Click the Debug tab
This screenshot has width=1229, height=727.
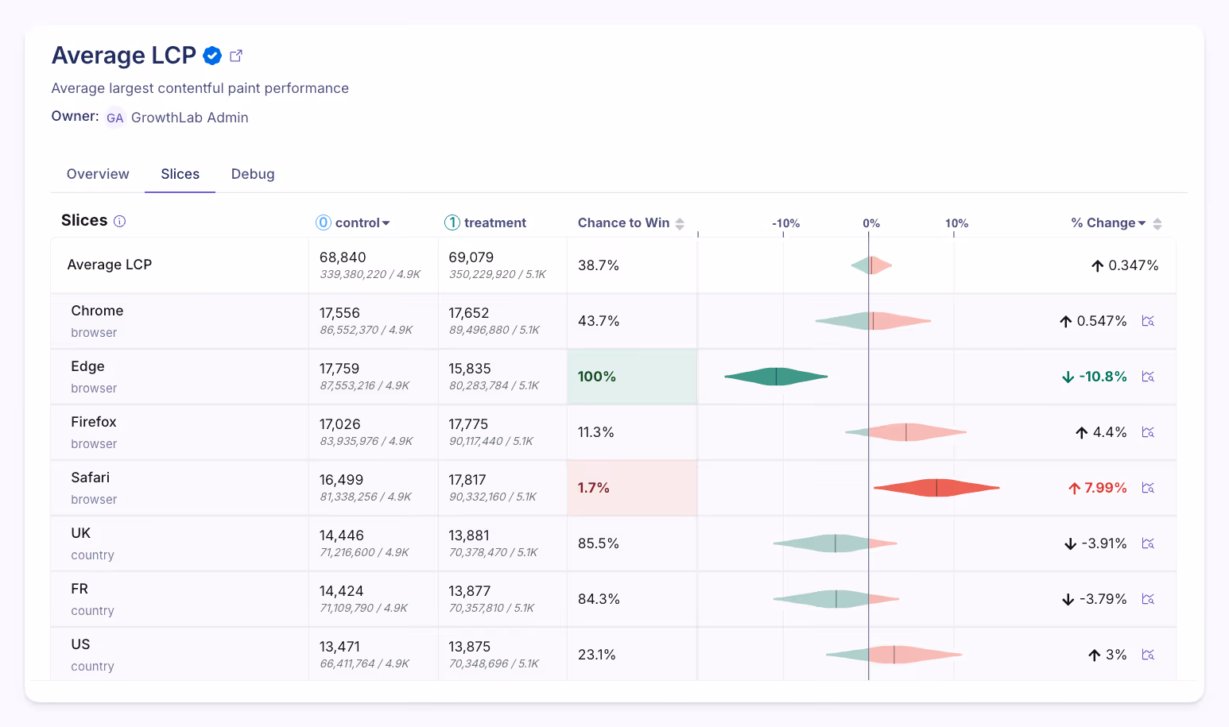[253, 174]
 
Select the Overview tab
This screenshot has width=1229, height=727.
[98, 174]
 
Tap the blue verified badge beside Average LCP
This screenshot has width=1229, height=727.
[212, 56]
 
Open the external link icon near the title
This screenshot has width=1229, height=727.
[236, 56]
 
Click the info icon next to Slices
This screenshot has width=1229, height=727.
[120, 221]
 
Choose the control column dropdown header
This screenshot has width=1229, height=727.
[354, 223]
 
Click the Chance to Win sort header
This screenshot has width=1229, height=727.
[630, 223]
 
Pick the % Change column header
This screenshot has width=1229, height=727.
[1108, 223]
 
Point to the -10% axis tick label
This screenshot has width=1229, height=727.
[785, 223]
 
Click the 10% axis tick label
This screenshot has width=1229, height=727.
[956, 223]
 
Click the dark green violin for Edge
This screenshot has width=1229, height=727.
[776, 377]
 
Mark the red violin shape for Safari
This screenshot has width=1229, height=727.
[936, 488]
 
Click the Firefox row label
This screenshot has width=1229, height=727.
[94, 422]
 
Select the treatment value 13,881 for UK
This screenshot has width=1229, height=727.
[469, 536]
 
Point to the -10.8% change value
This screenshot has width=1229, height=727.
[1103, 377]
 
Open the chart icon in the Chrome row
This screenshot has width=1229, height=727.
[1148, 321]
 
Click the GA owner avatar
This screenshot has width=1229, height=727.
[115, 118]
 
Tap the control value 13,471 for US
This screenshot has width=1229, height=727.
[339, 647]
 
